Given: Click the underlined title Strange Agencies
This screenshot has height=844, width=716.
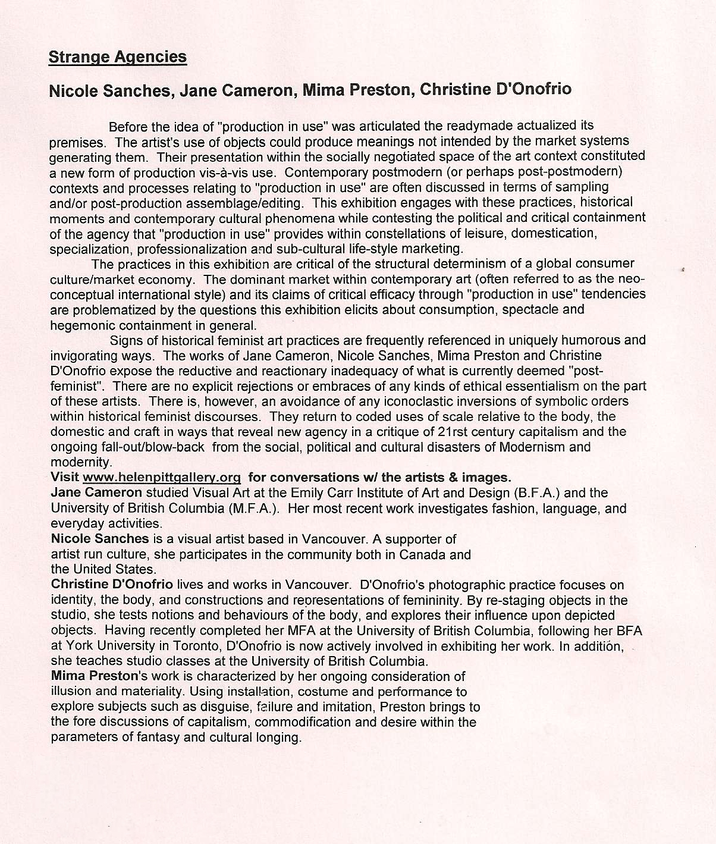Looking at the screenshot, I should [117, 57].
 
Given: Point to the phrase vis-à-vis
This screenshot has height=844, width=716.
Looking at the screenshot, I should [243, 172].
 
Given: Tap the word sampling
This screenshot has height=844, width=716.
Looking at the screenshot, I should [571, 187].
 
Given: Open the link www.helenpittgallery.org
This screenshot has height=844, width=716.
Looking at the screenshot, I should [162, 478].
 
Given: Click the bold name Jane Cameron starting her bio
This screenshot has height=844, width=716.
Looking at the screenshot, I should [96, 493].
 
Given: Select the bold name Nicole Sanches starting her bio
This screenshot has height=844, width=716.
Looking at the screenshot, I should [100, 539].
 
